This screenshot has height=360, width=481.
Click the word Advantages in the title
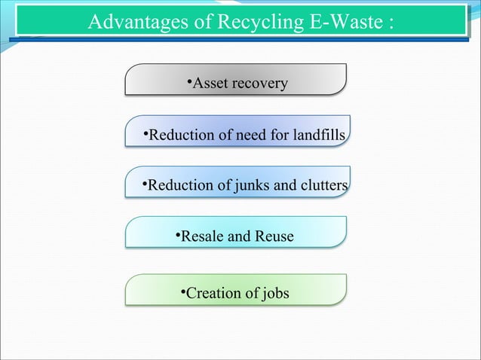tap(137, 23)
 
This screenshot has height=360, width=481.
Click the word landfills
tap(317, 136)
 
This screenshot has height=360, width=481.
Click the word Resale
tap(203, 237)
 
